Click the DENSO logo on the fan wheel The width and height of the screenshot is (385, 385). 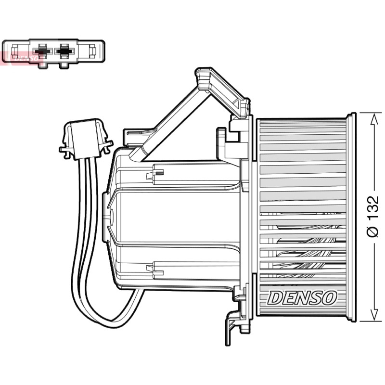302,298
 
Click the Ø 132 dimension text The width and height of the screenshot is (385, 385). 373,216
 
